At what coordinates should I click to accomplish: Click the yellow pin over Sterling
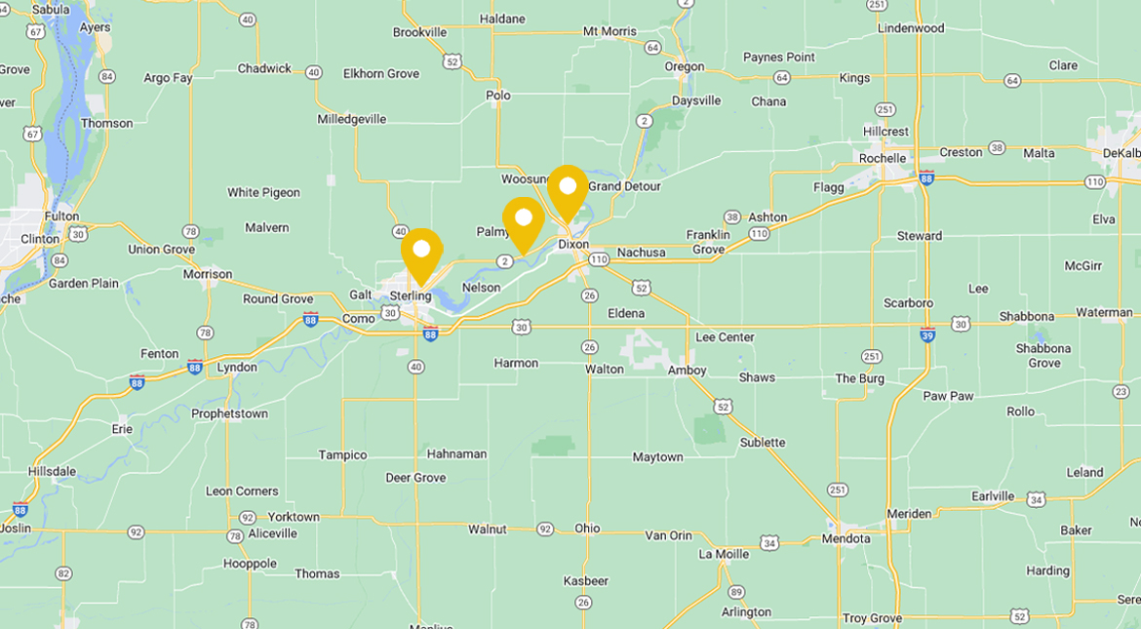click(x=421, y=251)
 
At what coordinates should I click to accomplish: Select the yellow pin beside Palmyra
click(x=523, y=219)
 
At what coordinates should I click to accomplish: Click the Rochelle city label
click(x=882, y=158)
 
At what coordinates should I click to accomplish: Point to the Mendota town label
click(x=846, y=538)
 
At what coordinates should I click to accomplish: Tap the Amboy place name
click(x=687, y=371)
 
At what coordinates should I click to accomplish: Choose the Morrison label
click(x=208, y=274)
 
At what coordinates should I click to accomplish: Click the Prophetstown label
click(x=229, y=413)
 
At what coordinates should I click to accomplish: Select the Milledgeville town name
click(x=351, y=119)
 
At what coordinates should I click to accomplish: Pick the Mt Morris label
click(x=610, y=31)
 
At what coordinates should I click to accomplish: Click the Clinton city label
click(x=40, y=239)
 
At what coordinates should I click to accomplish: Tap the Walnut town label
click(x=487, y=529)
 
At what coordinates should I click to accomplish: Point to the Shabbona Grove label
click(x=1043, y=355)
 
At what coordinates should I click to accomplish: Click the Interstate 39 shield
click(x=927, y=334)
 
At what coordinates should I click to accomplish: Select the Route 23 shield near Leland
click(x=1121, y=391)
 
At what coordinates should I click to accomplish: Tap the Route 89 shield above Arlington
click(x=735, y=592)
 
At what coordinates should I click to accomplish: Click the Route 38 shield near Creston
click(x=996, y=147)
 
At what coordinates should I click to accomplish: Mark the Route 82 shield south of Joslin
click(x=63, y=573)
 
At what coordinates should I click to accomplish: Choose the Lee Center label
click(x=725, y=337)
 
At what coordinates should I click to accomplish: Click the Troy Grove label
click(x=872, y=618)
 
